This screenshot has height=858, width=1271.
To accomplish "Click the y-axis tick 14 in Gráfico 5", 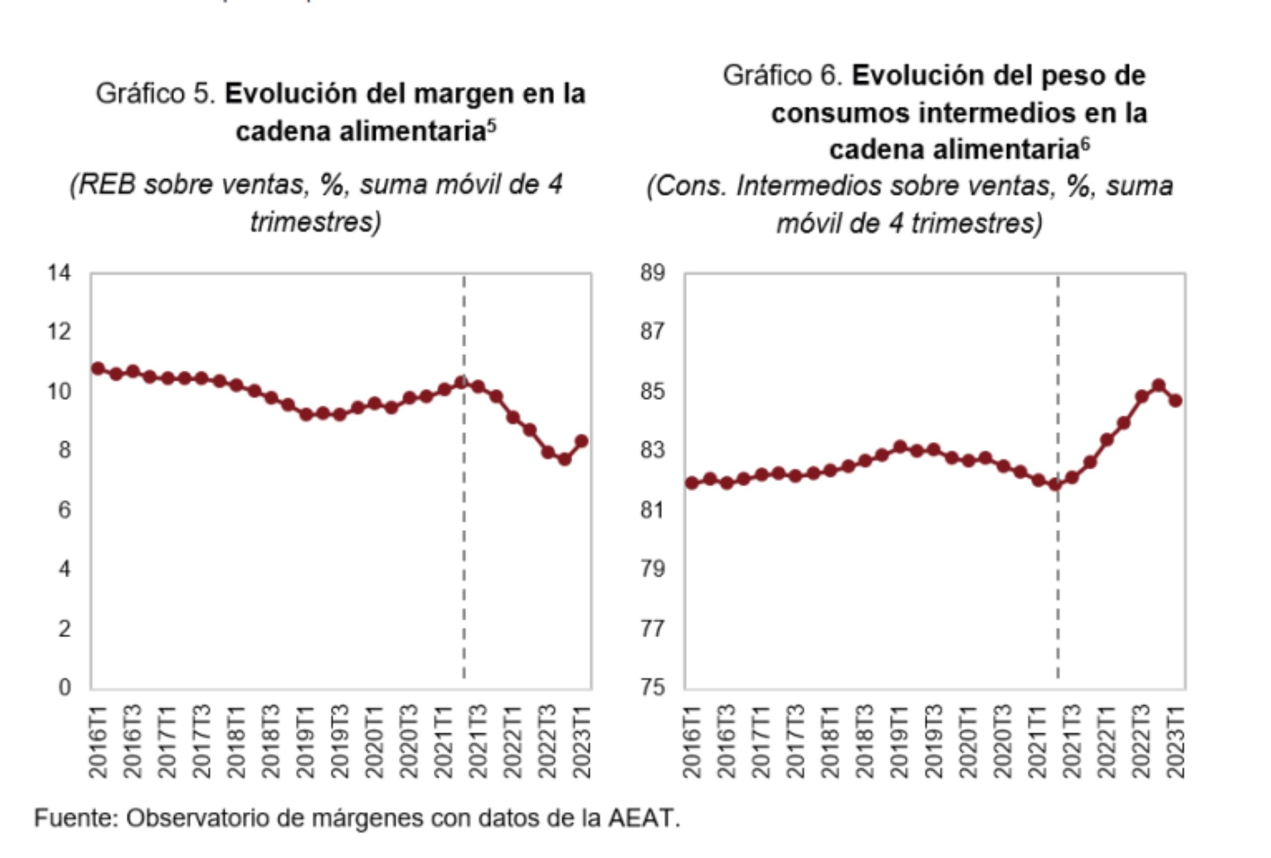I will coord(60,272).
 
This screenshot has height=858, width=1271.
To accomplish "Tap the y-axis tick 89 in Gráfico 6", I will coord(653,272).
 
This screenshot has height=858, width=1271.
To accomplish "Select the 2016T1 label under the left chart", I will coord(98,741).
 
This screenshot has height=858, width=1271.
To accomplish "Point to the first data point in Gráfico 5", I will coord(98,368).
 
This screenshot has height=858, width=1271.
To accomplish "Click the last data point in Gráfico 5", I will coord(582,441).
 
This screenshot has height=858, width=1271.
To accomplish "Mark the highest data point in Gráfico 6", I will coord(1158,385).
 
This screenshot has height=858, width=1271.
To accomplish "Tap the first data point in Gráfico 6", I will coord(692,483).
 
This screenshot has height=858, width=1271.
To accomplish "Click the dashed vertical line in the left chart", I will coord(464,547).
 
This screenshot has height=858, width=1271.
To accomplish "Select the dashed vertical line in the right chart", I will coord(1058,574).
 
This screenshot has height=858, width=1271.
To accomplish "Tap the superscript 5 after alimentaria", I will coord(492,126).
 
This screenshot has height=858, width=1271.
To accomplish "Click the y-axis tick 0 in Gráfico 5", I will coord(65,687).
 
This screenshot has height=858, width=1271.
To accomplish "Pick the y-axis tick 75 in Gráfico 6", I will coord(653,687).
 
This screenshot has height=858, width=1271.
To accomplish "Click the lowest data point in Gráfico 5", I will coord(565,459).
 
